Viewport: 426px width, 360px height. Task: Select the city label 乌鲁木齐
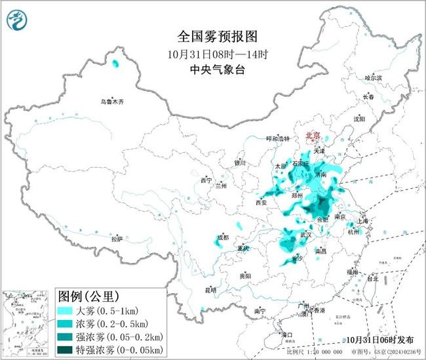click(112, 102)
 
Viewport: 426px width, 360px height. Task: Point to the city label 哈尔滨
click(373, 77)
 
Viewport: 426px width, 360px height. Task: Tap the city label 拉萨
click(117, 239)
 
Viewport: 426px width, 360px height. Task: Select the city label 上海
click(366, 221)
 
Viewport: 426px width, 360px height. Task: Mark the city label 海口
click(286, 334)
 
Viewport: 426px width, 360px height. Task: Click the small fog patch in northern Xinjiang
click(116, 64)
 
